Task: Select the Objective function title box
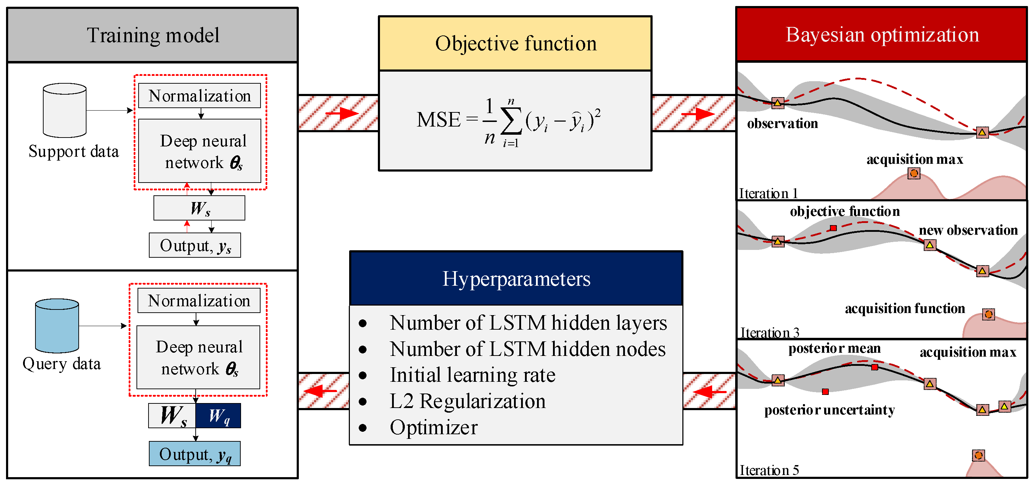point(515,43)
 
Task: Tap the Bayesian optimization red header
point(882,34)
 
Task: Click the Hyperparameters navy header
point(516,279)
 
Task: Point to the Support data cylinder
point(65,110)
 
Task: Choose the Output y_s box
point(195,245)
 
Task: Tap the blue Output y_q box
point(195,454)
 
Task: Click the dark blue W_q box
point(218,416)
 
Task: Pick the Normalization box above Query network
point(199,301)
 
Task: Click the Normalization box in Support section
point(200,96)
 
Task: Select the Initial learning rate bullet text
point(473,375)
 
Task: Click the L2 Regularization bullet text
point(468,401)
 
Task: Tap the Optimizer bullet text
point(434,427)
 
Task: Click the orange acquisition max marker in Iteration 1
point(914,173)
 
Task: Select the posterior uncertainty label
point(829,410)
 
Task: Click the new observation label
point(968,230)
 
